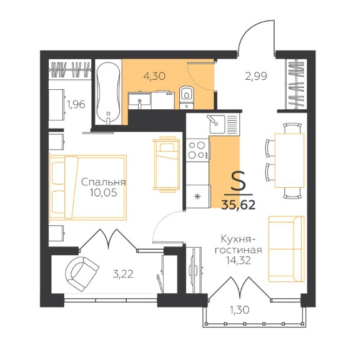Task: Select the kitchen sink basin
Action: tap(217, 124)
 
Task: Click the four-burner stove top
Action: tap(198, 150)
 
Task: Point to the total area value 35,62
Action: tap(239, 205)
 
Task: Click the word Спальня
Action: tap(104, 182)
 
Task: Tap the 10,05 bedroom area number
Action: tap(104, 193)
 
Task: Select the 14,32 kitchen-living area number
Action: tap(238, 260)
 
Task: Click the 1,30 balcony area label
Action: tap(239, 310)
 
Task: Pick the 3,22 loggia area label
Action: tap(123, 274)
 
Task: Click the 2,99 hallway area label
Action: tap(256, 76)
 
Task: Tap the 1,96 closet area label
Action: tap(76, 105)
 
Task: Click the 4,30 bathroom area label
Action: tap(154, 76)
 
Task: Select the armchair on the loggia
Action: tap(82, 274)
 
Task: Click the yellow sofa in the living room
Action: tap(287, 249)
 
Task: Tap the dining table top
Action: tap(289, 160)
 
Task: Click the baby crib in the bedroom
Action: tap(166, 164)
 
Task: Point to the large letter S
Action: tap(239, 182)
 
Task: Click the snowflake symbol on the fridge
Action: tap(197, 196)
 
